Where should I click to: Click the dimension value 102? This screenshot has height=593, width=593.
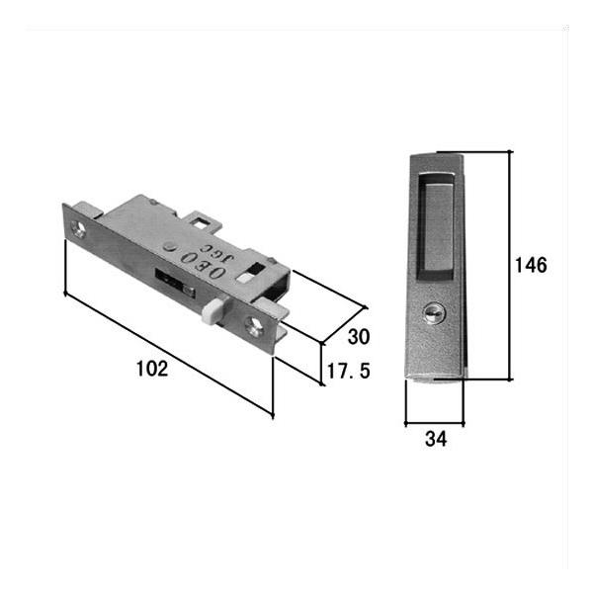click(152, 369)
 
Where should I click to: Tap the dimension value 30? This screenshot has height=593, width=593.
click(359, 337)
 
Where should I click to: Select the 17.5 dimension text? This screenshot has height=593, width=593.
click(348, 371)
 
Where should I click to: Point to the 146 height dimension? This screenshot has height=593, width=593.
click(531, 265)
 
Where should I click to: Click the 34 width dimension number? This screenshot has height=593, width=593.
click(436, 439)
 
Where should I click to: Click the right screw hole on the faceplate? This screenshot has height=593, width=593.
click(254, 325)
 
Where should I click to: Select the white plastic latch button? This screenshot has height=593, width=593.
click(212, 311)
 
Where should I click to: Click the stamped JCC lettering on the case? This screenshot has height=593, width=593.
click(217, 253)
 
